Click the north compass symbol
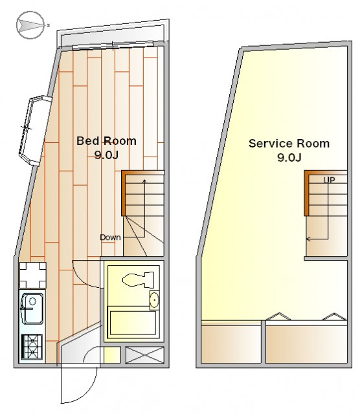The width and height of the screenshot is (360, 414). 30,25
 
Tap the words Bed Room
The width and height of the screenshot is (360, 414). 107,141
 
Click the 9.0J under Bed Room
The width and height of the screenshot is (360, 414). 107,155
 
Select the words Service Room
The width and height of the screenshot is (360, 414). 289,144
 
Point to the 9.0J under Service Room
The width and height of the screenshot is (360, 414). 289,157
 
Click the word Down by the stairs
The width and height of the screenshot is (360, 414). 110,237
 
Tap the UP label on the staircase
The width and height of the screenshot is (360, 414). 329,180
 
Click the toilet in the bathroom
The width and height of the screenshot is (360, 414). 139,280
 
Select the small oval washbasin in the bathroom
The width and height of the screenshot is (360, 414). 154,300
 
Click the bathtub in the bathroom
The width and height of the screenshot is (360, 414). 133,323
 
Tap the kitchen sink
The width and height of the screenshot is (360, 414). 32,309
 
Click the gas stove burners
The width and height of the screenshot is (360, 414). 32,347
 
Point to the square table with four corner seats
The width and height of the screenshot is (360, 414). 33,275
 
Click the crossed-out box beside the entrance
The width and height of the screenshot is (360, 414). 144,355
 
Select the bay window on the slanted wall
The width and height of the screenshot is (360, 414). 34,131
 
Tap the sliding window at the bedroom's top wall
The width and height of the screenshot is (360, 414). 113,46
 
